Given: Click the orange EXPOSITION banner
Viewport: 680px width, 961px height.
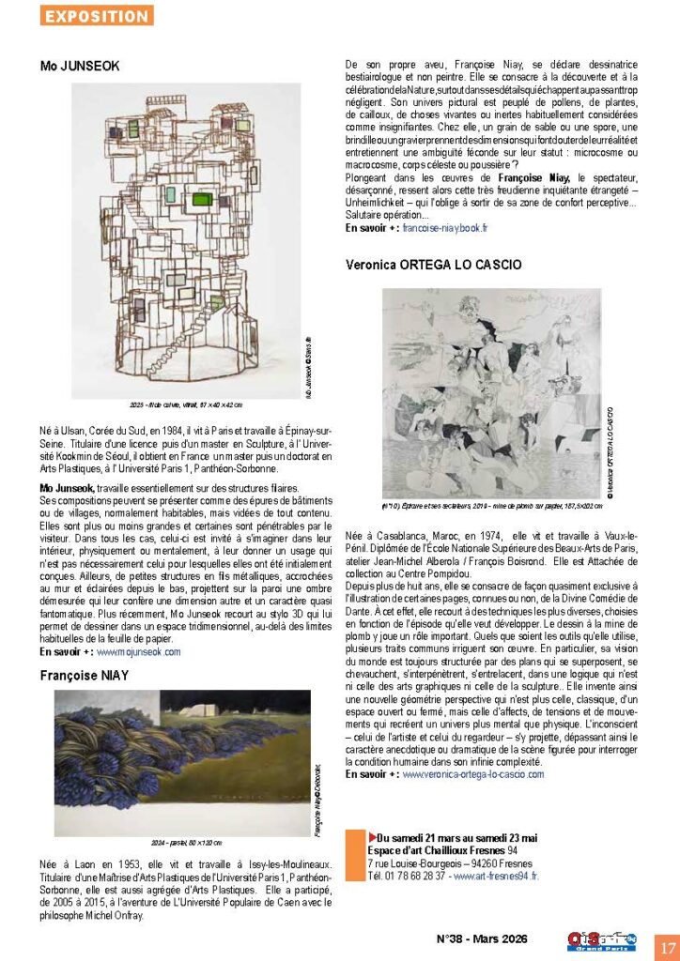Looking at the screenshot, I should tap(97, 16).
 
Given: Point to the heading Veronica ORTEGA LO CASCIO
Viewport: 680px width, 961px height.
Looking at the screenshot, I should tap(433, 266).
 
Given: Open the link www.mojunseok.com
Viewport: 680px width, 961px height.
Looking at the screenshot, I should tap(139, 650).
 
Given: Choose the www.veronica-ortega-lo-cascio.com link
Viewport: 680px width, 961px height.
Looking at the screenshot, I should tap(474, 774).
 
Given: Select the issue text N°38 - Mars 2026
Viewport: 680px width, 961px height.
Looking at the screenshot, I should tap(483, 938).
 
